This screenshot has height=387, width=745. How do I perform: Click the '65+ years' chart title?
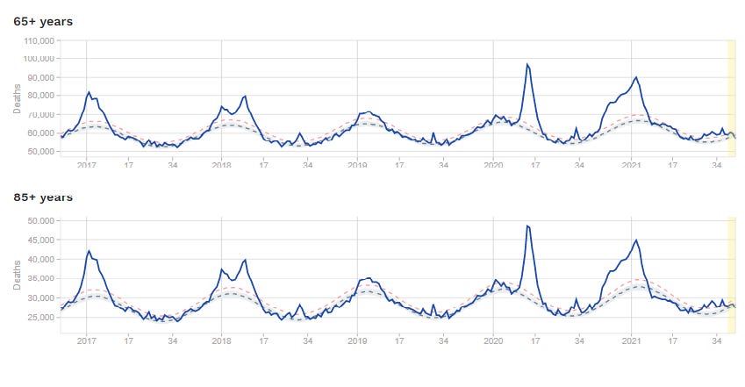tap(42, 20)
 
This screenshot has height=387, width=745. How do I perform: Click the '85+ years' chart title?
tap(42, 197)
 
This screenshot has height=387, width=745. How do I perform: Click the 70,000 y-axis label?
tap(39, 114)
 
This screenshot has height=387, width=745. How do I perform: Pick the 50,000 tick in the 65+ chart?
tap(39, 151)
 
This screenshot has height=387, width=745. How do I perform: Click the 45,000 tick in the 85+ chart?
tap(39, 240)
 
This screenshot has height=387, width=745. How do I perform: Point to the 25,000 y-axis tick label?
tap(39, 317)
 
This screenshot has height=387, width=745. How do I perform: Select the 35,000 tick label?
tap(39, 278)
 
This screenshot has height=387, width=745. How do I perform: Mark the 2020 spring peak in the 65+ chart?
tap(527, 64)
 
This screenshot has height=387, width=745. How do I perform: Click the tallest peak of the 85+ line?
tap(527, 226)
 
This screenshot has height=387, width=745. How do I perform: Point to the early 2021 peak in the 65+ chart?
tap(636, 77)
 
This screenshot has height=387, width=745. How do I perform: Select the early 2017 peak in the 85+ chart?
tap(89, 251)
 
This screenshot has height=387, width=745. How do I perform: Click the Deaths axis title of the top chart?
tap(17, 99)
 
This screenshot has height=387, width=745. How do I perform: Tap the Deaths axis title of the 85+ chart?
tap(17, 274)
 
